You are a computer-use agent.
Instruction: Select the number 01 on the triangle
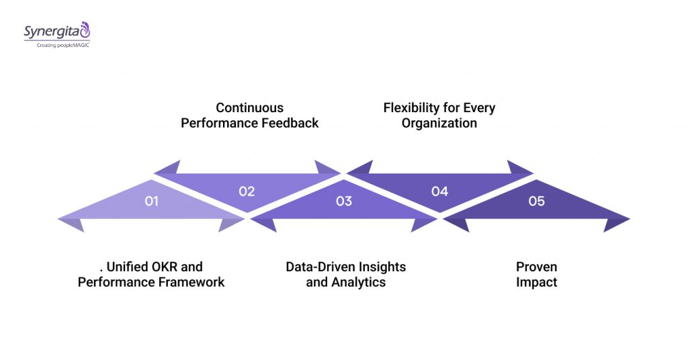coord(151,201)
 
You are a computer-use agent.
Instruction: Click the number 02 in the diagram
coord(247,191)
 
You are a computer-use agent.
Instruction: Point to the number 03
coord(343,201)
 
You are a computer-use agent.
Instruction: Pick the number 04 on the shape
coord(439,191)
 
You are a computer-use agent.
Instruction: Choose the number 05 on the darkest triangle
coord(536,201)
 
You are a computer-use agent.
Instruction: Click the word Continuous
coord(249,107)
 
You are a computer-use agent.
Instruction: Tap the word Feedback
coord(290,123)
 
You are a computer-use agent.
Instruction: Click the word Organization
coord(439,123)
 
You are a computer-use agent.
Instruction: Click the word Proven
coord(536,267)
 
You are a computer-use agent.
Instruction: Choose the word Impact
coord(536,282)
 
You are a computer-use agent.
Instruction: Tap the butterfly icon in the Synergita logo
coord(84,29)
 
